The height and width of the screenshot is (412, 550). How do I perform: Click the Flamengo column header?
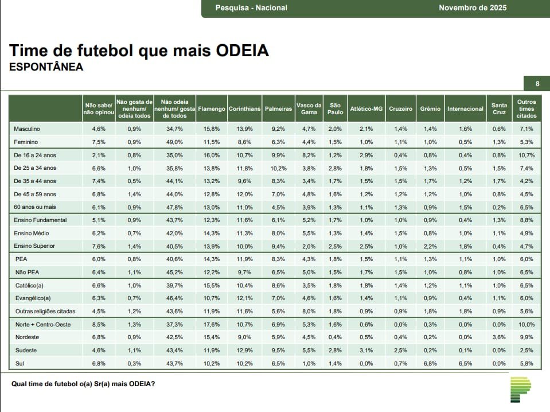212,108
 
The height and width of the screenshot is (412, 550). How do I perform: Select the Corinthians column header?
245,108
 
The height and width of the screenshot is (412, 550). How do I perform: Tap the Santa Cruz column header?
499,108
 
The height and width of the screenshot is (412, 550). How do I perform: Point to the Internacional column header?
465,108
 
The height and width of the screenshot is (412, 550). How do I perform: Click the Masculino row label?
29,129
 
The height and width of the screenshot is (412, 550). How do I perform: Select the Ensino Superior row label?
35,246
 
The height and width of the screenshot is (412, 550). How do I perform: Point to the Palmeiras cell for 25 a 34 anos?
278,168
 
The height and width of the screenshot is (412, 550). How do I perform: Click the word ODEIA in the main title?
243,50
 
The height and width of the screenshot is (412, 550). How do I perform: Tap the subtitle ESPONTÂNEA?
46,67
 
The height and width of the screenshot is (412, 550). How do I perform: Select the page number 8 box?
537,84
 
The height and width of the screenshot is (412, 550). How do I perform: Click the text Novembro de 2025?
473,8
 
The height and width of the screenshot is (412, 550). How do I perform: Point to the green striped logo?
520,390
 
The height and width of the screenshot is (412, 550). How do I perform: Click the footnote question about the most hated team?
83,384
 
